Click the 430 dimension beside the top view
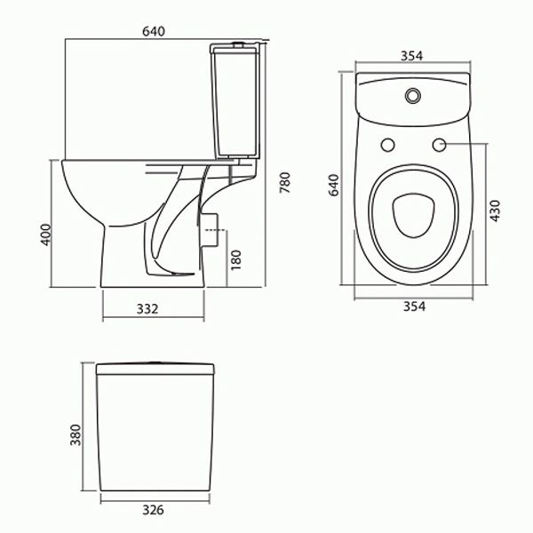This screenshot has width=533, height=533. click(x=497, y=211)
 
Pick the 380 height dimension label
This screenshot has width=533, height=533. click(x=76, y=434)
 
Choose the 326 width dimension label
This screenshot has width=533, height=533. click(x=154, y=511)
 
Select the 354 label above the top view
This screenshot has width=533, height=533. click(x=410, y=55)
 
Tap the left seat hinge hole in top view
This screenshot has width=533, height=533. click(x=386, y=145)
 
